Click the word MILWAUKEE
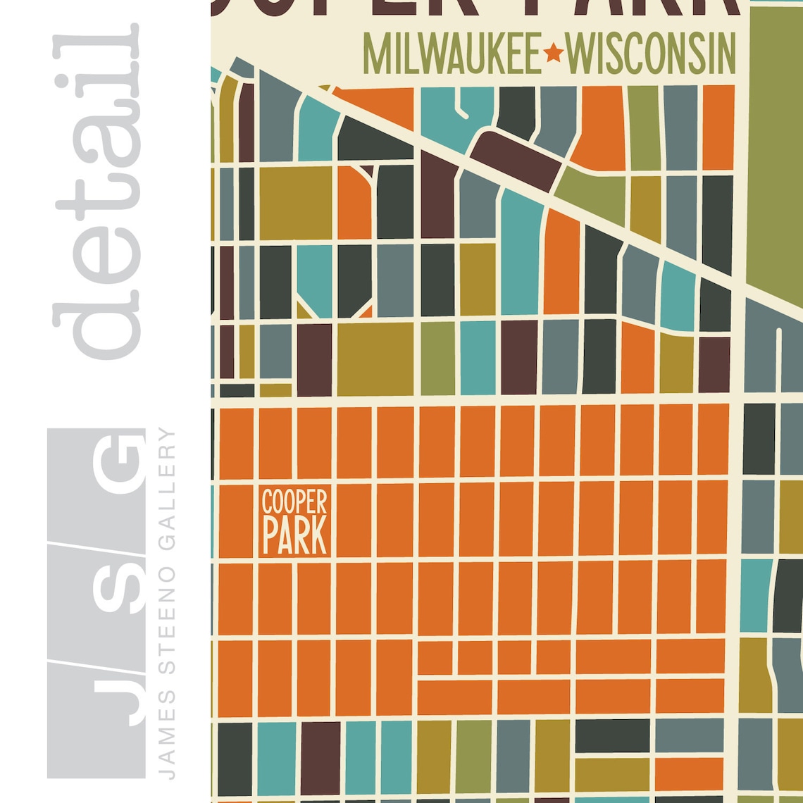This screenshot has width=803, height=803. (x=452, y=53)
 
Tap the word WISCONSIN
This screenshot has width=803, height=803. (x=651, y=53)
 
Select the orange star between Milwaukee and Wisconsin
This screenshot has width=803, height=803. (x=554, y=53)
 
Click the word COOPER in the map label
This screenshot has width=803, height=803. (x=294, y=502)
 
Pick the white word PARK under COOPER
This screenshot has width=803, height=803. (x=294, y=537)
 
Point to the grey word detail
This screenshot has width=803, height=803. (x=99, y=190)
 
